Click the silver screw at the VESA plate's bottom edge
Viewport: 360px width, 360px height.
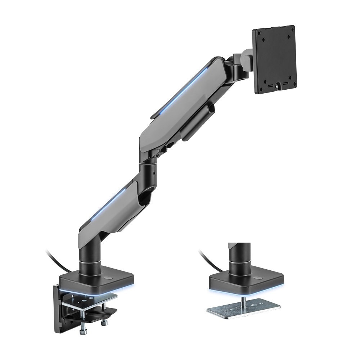[x=276, y=86]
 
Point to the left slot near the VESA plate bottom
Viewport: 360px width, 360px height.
[x=269, y=86]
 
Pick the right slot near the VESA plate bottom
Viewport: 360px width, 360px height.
[x=285, y=84]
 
